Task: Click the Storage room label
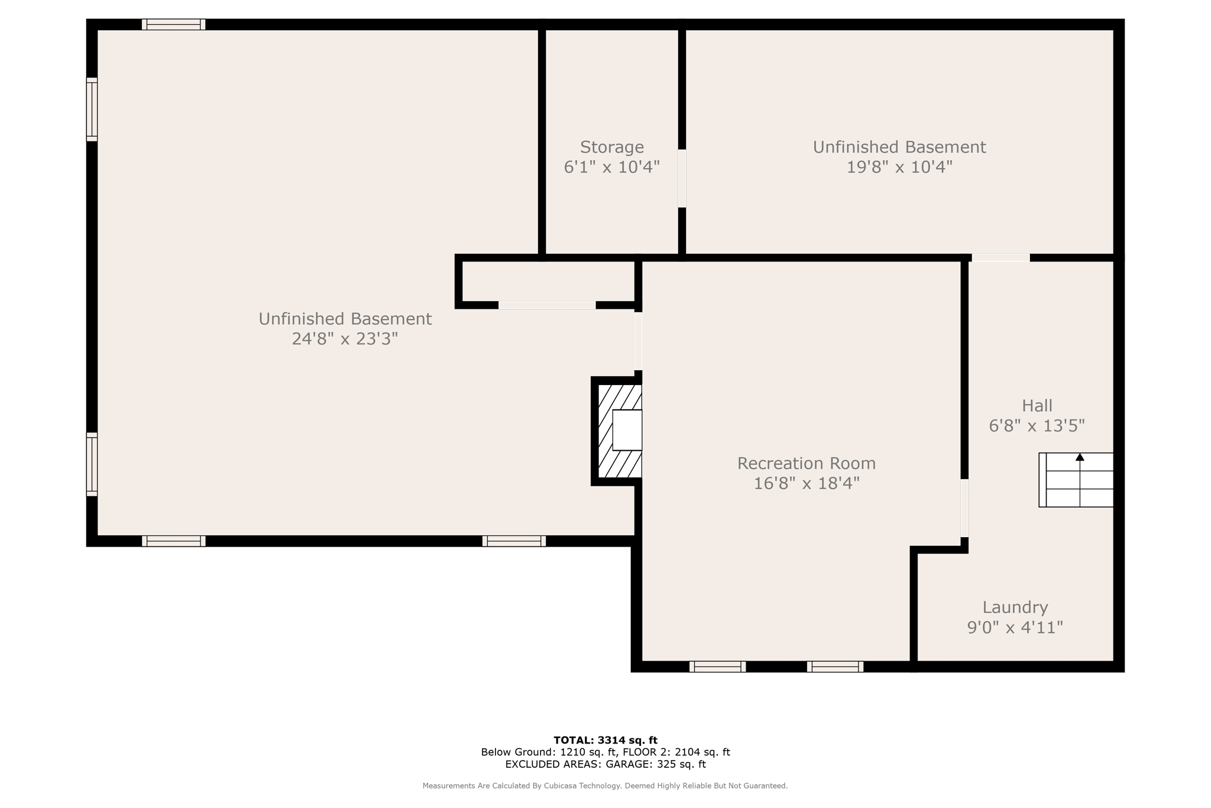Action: coord(611,147)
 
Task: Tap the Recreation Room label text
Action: coord(806,463)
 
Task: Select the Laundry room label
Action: coord(1015,607)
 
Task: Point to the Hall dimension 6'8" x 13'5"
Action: coord(1037,426)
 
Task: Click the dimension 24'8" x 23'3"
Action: coord(345,339)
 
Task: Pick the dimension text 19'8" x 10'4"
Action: coord(899,167)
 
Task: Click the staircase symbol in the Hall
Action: coord(1076,480)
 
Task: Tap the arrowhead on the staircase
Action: coord(1080,457)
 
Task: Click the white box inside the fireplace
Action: coord(627,430)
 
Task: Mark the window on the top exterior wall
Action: coord(173,24)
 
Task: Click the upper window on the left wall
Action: coord(92,109)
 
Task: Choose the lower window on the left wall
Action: coord(92,464)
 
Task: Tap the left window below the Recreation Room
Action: coord(717,667)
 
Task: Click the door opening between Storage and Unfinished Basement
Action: coord(682,179)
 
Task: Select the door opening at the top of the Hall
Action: coord(1000,258)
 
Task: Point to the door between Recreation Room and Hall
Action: coord(964,508)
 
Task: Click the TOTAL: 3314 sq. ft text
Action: coord(605,740)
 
